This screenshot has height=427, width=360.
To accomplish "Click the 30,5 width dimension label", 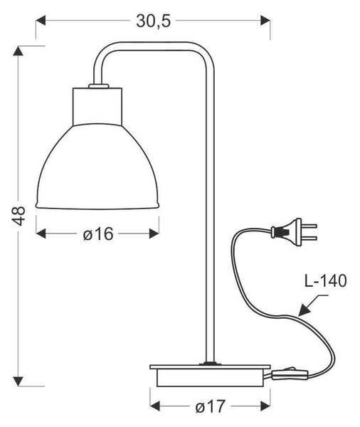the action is click(x=153, y=21).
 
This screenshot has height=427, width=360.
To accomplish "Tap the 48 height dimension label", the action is click(x=19, y=216).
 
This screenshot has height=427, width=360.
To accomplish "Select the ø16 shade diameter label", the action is click(x=97, y=233).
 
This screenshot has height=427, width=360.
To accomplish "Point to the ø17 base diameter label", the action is click(x=210, y=406).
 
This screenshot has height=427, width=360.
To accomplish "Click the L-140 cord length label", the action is click(x=325, y=281).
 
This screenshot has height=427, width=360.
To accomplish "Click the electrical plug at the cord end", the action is click(x=294, y=232).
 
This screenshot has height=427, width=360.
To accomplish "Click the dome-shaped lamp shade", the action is click(x=97, y=167).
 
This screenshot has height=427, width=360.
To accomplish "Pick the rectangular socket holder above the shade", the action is click(x=97, y=107).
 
